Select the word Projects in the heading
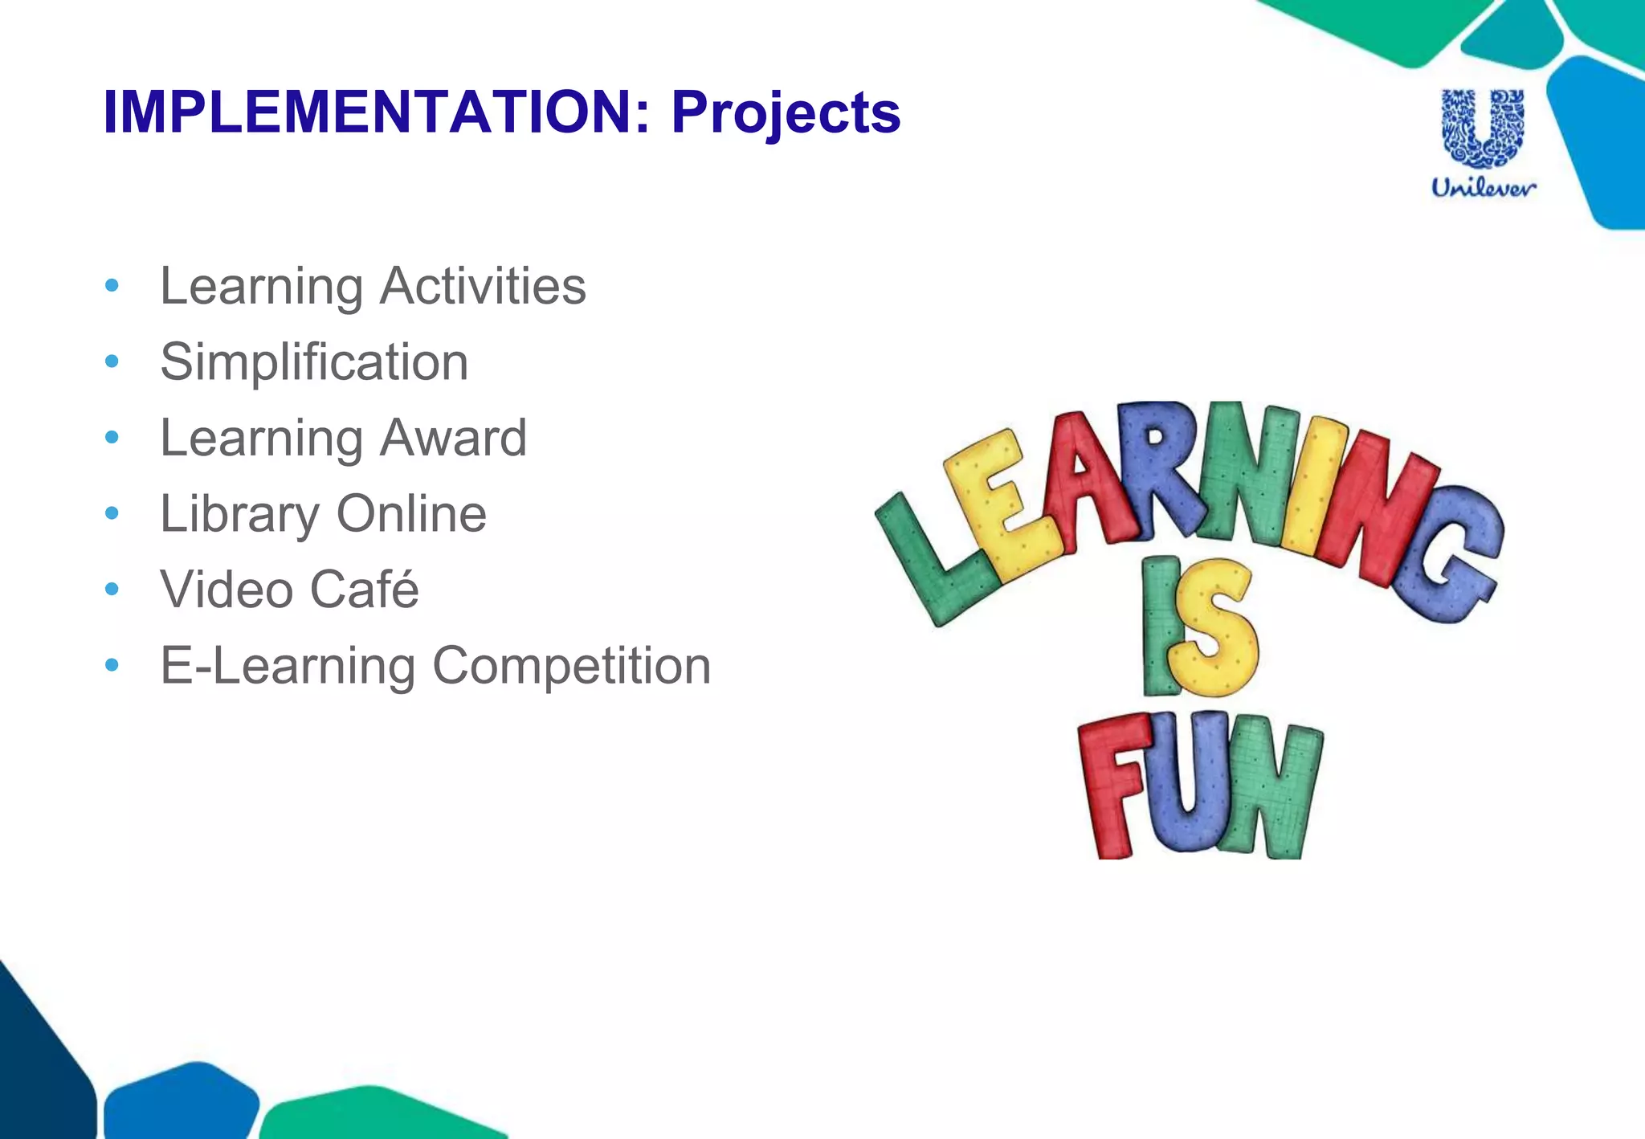click(786, 112)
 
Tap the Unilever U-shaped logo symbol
click(1483, 129)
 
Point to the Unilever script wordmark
click(1483, 188)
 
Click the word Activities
click(483, 286)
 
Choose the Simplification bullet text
click(314, 362)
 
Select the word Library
click(239, 514)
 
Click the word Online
click(411, 514)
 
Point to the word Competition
click(571, 666)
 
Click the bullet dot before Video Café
click(112, 590)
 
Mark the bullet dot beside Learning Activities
click(112, 286)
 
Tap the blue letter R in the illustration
click(1157, 466)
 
